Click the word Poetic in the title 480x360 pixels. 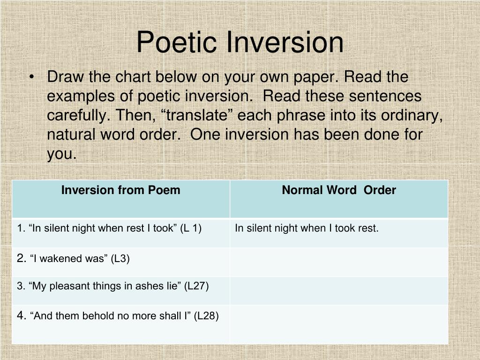pyautogui.click(x=178, y=42)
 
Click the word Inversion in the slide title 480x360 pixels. pyautogui.click(x=285, y=42)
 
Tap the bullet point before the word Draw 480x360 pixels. pyautogui.click(x=31, y=77)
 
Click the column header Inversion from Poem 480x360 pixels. pyautogui.click(x=120, y=190)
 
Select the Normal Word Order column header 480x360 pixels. pyautogui.click(x=338, y=190)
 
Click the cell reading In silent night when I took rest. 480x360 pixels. pyautogui.click(x=307, y=228)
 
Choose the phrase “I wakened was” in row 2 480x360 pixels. pyautogui.click(x=69, y=258)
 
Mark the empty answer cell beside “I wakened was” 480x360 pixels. pyautogui.click(x=338, y=262)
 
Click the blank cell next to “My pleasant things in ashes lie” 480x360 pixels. pyautogui.click(x=338, y=290)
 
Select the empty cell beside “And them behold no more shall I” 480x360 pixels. pyautogui.click(x=338, y=324)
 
